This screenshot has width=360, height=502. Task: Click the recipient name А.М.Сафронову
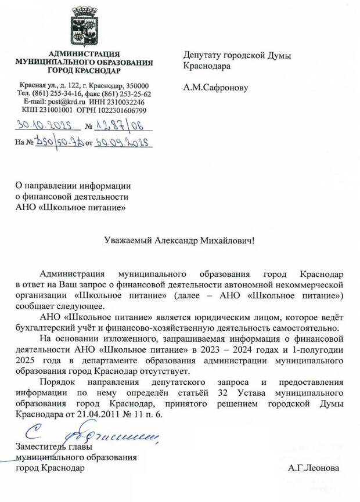tap(215, 88)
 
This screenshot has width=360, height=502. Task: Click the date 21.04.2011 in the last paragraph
tap(96, 414)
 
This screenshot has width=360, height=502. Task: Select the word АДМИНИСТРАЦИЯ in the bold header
tap(84, 53)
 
